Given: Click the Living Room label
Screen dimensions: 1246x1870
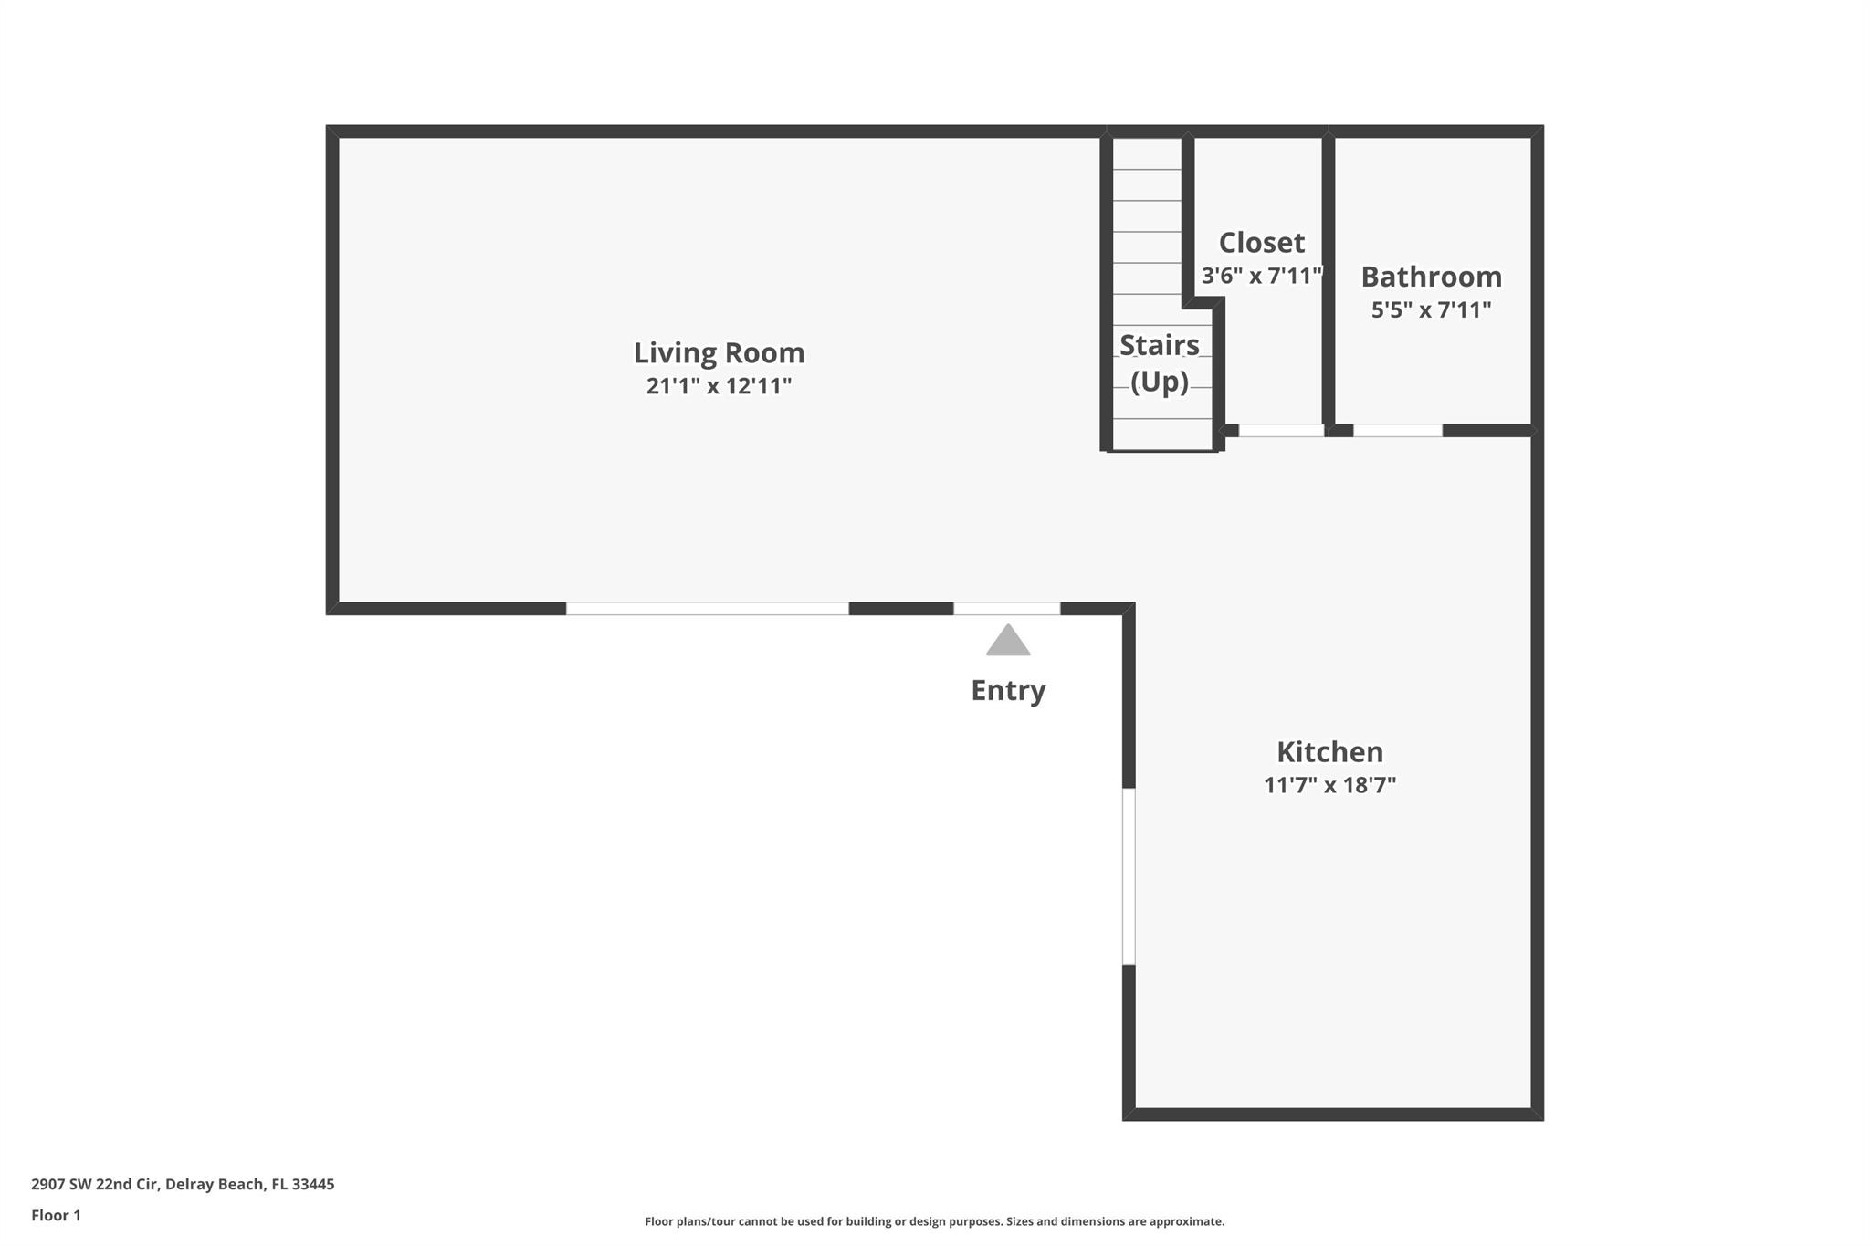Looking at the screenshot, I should pyautogui.click(x=719, y=352).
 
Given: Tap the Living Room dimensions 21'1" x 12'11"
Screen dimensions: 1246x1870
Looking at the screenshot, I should pyautogui.click(x=719, y=386).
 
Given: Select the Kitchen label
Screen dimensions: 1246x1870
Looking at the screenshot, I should pyautogui.click(x=1329, y=751).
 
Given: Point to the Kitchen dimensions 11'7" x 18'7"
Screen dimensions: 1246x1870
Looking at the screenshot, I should pyautogui.click(x=1329, y=785).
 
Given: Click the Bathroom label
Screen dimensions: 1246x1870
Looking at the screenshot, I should pyautogui.click(x=1431, y=276).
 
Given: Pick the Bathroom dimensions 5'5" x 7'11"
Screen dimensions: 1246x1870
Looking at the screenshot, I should pyautogui.click(x=1431, y=309).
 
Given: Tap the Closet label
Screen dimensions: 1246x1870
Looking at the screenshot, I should pyautogui.click(x=1261, y=242).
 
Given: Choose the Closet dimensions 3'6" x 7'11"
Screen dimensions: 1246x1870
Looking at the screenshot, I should pyautogui.click(x=1261, y=276).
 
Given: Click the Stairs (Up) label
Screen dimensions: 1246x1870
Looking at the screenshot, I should pyautogui.click(x=1160, y=362).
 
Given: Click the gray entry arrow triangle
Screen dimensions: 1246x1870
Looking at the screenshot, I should pyautogui.click(x=1008, y=642).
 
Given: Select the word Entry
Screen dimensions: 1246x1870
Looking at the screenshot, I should pyautogui.click(x=1008, y=690).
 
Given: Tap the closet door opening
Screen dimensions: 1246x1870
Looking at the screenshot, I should pyautogui.click(x=1280, y=430).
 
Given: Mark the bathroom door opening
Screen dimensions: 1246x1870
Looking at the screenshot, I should pyautogui.click(x=1397, y=430).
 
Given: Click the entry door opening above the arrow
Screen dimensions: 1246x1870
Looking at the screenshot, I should pyautogui.click(x=1006, y=609).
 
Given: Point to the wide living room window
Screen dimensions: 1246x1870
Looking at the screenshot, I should pyautogui.click(x=707, y=609).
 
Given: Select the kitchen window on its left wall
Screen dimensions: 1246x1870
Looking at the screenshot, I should pyautogui.click(x=1129, y=876).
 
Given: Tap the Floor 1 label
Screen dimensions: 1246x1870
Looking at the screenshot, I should pyautogui.click(x=56, y=1215).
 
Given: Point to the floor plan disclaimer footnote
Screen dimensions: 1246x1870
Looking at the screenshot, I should pyautogui.click(x=934, y=1221).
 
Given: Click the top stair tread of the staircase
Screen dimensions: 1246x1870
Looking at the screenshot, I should pyautogui.click(x=1147, y=154).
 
